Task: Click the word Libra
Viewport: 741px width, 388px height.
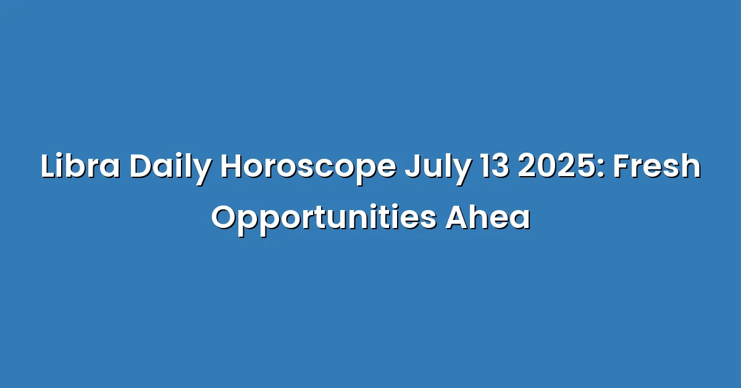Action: (x=80, y=166)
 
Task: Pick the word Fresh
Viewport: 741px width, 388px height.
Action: (x=657, y=166)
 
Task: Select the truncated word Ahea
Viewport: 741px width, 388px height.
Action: (x=488, y=218)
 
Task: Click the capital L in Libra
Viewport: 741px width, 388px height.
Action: (x=49, y=166)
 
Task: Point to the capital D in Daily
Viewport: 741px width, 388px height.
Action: (x=141, y=166)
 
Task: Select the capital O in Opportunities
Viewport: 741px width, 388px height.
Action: (x=225, y=218)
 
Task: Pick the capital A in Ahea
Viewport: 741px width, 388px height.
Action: (x=458, y=218)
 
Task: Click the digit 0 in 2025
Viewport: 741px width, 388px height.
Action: (x=547, y=166)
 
